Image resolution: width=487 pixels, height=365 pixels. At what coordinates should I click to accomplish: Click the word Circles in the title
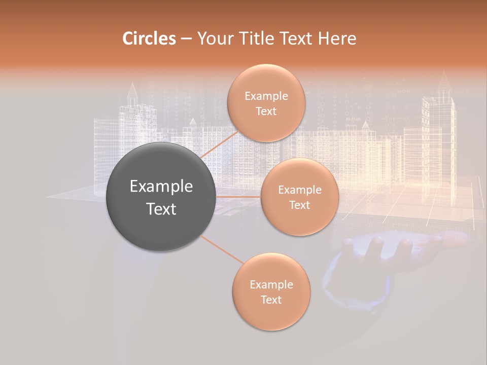point(149,39)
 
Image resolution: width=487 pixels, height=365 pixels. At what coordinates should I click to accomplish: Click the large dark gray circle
point(161,197)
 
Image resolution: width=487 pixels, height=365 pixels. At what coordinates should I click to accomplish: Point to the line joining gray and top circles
point(219,144)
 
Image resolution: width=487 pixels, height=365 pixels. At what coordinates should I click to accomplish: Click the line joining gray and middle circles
point(238,196)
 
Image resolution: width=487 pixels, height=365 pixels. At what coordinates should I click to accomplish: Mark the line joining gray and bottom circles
point(222,249)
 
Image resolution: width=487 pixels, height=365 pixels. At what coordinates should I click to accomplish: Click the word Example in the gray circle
point(161,187)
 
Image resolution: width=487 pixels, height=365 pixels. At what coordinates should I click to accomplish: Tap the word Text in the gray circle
point(161,209)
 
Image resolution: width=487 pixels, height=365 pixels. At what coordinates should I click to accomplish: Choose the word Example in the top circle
point(266,96)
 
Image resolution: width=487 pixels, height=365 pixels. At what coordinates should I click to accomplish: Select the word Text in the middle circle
point(299,205)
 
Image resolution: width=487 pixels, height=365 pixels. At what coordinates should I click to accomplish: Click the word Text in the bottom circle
point(271,300)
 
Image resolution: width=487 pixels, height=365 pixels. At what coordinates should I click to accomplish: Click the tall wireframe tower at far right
point(440,132)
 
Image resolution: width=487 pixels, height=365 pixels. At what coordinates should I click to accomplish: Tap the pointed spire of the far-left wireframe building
point(132,91)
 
